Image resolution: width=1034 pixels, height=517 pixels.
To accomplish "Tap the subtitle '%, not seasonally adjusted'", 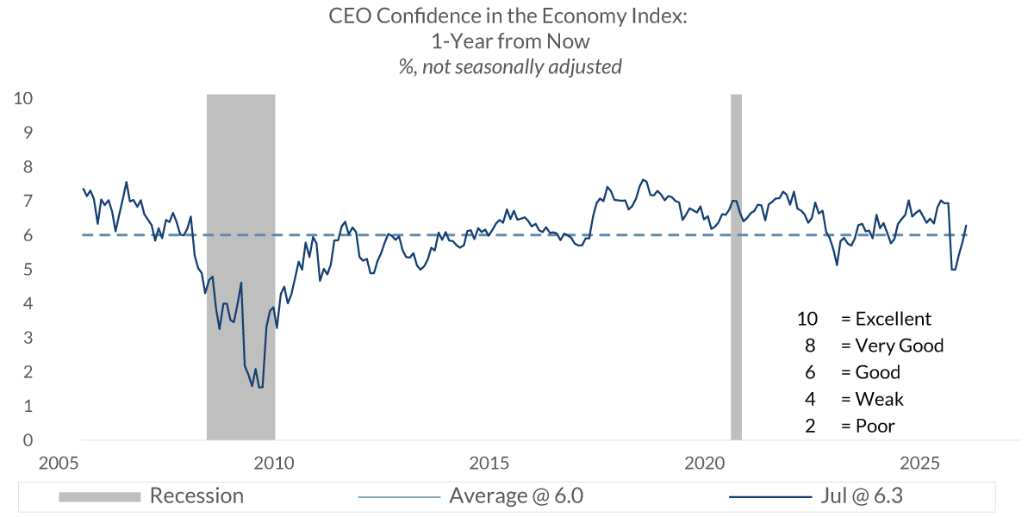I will [x=510, y=66].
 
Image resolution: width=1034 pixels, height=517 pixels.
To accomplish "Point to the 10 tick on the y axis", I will [x=24, y=98].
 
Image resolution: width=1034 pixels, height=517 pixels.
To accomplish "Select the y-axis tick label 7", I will [x=28, y=201].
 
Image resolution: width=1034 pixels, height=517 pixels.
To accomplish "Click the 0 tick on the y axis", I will [x=28, y=440].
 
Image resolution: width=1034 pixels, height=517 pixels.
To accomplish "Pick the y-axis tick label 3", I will [x=28, y=338].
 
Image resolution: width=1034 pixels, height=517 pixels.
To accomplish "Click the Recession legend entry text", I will [x=196, y=496].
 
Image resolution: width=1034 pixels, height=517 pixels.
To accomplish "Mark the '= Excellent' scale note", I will [x=886, y=319].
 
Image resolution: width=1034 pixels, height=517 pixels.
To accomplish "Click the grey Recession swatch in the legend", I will [x=99, y=496].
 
